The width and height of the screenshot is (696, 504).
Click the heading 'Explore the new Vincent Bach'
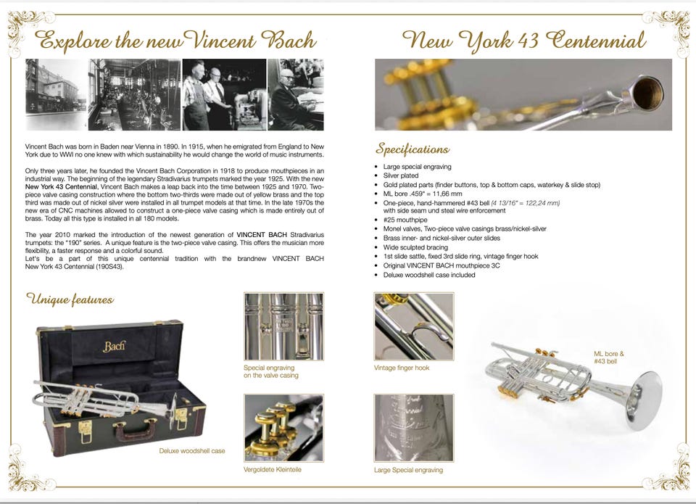point(175,41)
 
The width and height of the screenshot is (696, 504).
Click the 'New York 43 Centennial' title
point(523,41)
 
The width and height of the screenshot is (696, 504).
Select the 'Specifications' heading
point(413,149)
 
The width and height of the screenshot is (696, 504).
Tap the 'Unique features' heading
point(70,299)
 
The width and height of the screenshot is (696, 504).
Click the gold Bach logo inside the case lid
point(114,346)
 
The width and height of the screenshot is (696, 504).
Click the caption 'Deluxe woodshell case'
point(192,451)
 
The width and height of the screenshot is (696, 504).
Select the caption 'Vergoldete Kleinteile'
point(273,469)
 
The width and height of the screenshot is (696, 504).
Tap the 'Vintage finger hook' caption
point(402,368)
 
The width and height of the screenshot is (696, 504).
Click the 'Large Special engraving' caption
point(408,470)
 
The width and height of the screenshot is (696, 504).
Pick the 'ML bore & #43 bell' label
point(609,358)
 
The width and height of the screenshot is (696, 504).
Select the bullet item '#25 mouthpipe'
point(405,220)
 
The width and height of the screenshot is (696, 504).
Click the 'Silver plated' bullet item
point(401,175)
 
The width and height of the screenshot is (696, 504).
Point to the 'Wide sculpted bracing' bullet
point(415,247)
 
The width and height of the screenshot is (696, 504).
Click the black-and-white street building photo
point(57,94)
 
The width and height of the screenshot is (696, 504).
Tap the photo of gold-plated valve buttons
point(283,428)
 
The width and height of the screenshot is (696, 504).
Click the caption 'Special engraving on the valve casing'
point(270,371)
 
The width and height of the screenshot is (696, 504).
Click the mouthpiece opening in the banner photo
point(647,93)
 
